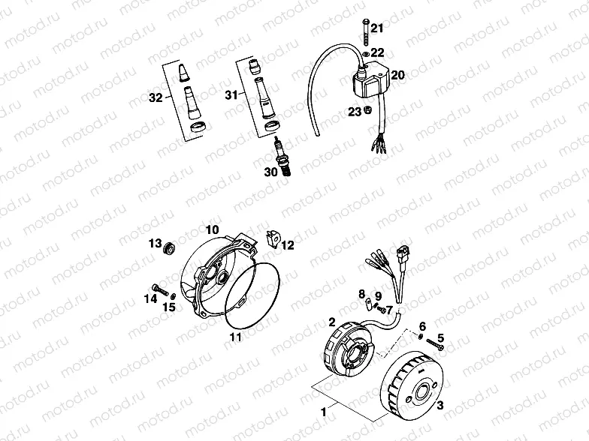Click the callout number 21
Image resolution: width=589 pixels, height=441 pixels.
pos(377,28)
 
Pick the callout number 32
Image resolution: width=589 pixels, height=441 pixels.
pos(155,97)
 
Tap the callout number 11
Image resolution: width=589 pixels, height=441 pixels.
pos(235,336)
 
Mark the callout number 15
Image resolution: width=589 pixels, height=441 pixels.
pos(171,305)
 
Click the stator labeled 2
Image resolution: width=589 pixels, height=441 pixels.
pos(350,349)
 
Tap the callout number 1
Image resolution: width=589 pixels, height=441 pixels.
pos(325,412)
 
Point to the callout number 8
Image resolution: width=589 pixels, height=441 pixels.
pos(361,292)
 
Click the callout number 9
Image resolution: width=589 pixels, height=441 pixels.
pos(378,295)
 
